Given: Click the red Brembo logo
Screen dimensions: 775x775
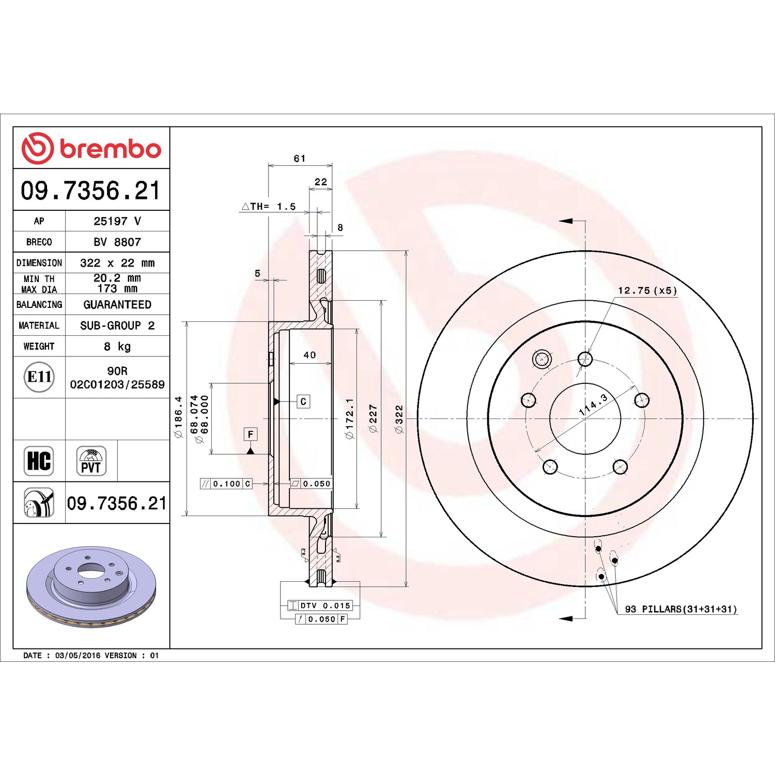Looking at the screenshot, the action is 91,148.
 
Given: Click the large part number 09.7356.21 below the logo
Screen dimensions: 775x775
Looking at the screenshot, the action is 91,190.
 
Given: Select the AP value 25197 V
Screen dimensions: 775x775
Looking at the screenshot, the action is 117,221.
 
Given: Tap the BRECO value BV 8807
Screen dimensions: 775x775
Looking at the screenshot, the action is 117,242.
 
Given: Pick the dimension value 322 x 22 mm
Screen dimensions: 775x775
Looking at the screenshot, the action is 117,263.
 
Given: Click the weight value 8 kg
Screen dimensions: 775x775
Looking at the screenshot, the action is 117,346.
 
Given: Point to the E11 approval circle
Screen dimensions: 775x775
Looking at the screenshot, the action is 39,377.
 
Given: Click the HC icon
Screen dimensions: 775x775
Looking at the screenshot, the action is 39,461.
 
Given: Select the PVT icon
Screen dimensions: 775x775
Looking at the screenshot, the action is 91,461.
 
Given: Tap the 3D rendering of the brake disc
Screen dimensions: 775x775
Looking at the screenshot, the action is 91,586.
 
